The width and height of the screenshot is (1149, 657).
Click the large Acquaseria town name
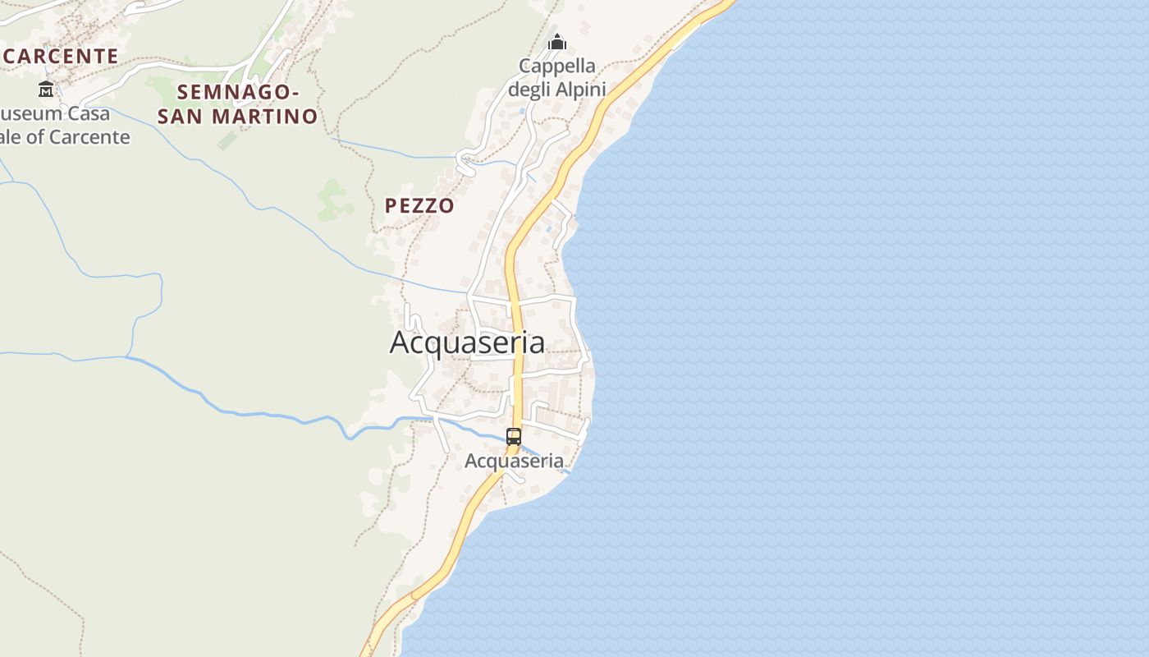(466, 342)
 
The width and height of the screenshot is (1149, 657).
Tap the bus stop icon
(514, 437)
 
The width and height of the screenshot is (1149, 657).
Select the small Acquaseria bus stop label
(514, 461)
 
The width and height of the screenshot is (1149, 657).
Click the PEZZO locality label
(419, 205)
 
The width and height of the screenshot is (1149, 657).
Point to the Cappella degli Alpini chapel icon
(557, 41)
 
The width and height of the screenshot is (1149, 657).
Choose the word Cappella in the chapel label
(557, 66)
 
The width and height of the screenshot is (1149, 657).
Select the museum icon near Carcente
(46, 89)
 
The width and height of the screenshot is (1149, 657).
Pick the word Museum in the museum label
(30, 113)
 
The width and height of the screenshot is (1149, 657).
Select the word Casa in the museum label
(88, 113)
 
